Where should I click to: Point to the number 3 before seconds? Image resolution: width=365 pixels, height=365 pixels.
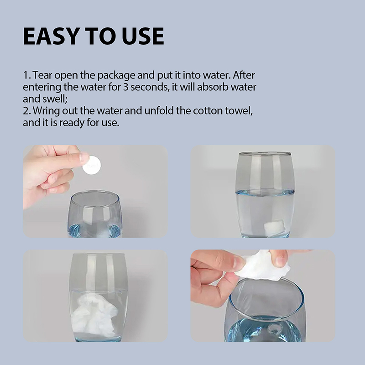[125, 87]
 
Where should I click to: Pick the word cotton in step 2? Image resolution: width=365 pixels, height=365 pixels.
[208, 111]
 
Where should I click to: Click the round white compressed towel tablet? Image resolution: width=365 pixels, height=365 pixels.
[92, 165]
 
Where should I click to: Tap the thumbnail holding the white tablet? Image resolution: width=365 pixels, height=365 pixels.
[95, 191]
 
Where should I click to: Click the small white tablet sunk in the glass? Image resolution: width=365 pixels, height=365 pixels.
[273, 225]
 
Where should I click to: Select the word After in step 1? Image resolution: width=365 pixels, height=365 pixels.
[244, 75]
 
